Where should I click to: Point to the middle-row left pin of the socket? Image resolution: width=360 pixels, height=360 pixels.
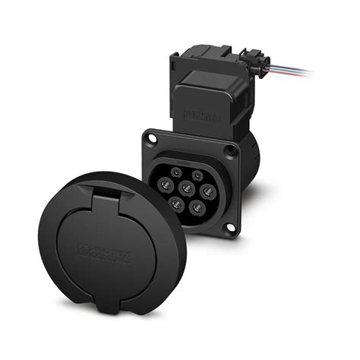[166, 186]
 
